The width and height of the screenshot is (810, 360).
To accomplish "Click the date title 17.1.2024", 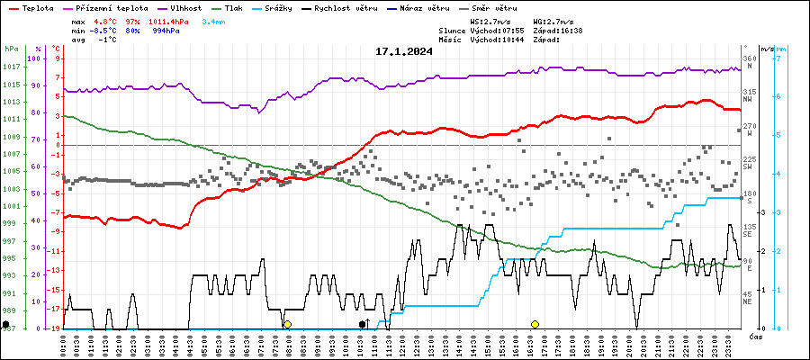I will [403, 51].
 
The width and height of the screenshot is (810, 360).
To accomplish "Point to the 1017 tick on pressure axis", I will [12, 67].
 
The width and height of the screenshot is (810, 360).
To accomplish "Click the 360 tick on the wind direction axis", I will [748, 58].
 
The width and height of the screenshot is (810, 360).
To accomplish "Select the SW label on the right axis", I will [748, 167].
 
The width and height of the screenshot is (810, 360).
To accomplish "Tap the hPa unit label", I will [12, 49].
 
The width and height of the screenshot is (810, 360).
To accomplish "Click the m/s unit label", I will [766, 49].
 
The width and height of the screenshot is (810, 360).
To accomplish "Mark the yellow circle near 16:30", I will [535, 324].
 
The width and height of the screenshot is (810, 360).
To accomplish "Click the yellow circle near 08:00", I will [287, 324].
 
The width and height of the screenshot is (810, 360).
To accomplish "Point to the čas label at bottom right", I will [756, 337].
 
